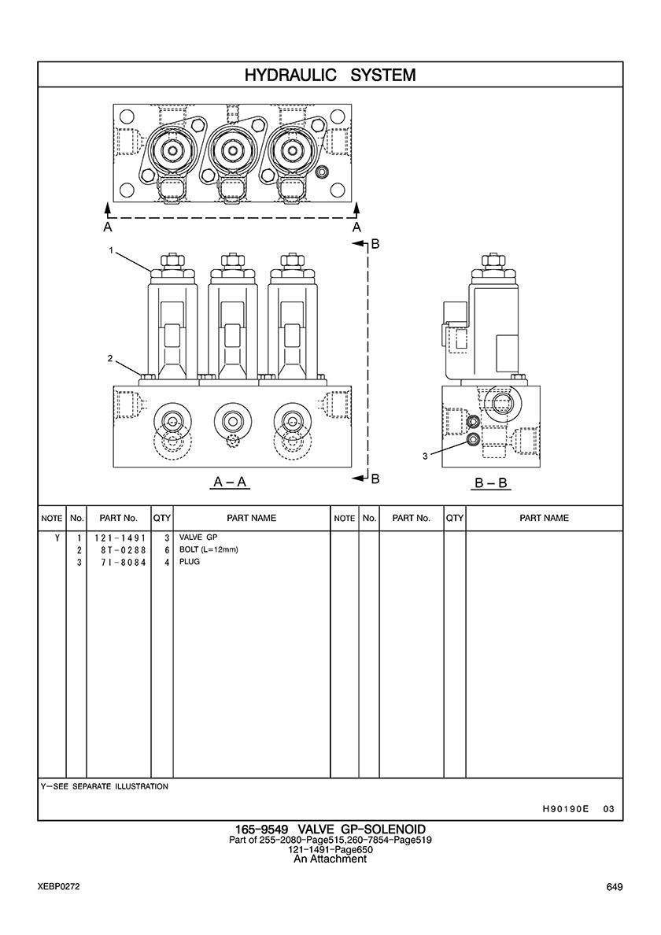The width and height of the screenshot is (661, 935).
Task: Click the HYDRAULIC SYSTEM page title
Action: (x=330, y=76)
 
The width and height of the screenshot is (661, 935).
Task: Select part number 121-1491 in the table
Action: (x=119, y=538)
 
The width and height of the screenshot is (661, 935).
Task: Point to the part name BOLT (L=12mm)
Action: (x=209, y=550)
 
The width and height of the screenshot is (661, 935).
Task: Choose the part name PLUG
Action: (x=190, y=563)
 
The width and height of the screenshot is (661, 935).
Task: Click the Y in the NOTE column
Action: (x=56, y=538)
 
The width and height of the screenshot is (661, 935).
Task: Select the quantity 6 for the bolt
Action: (x=167, y=550)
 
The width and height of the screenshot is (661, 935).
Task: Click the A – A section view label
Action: (x=231, y=482)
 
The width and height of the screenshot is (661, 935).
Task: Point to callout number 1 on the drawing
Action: (x=112, y=250)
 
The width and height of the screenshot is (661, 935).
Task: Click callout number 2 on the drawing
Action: (x=111, y=359)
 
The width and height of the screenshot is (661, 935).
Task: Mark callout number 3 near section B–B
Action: (x=425, y=456)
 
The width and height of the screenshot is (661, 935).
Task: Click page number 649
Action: (x=615, y=887)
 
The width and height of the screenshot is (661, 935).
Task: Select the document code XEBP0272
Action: (x=58, y=887)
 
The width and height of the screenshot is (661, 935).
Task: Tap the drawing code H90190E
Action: (x=565, y=809)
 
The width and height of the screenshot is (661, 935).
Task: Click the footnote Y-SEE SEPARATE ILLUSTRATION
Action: (x=104, y=786)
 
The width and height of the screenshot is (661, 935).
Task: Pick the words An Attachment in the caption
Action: (x=330, y=859)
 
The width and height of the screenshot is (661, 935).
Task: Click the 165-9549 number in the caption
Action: (x=261, y=830)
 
